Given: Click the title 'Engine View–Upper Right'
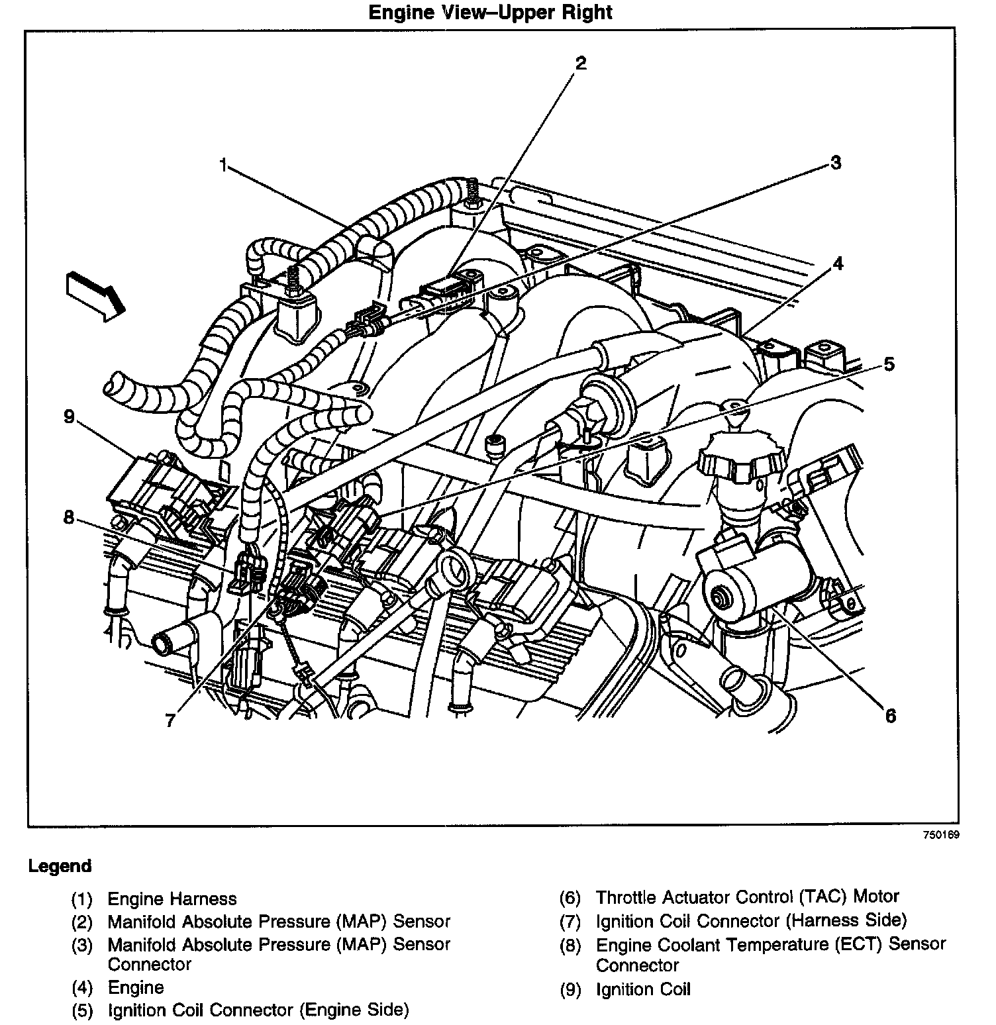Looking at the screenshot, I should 491,13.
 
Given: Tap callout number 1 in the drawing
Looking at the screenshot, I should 224,164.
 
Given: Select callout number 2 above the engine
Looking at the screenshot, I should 580,64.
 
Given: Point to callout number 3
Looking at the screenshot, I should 836,162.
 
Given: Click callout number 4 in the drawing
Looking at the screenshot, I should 838,264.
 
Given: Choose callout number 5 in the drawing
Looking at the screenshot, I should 889,364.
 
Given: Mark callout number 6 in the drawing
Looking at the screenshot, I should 890,715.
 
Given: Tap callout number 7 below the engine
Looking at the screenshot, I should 171,720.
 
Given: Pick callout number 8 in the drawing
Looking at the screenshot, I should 69,517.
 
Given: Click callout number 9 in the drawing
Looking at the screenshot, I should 69,416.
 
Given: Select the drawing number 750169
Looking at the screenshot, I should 941,835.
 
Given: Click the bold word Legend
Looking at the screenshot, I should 60,865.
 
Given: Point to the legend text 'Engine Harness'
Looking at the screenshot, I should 172,899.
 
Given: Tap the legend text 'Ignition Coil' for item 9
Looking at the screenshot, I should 643,989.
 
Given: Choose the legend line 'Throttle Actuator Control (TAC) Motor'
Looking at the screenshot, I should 747,897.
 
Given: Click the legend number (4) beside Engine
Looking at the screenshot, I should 82,988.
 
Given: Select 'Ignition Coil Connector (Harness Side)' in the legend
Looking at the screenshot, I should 751,920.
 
